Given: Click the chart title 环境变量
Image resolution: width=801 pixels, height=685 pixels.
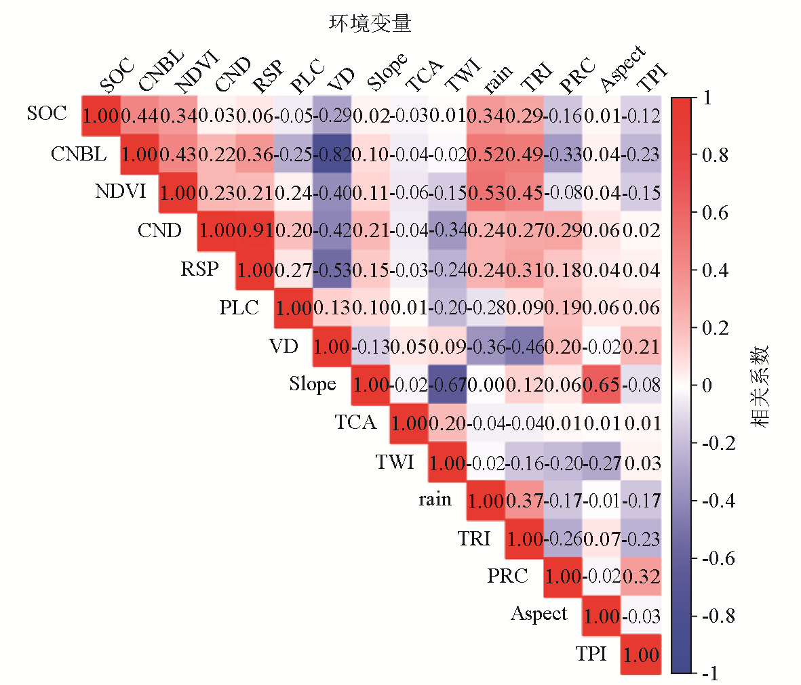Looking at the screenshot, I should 370,24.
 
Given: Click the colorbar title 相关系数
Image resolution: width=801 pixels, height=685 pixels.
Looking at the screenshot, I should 760,386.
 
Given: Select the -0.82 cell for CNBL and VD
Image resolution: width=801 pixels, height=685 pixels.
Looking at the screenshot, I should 332,154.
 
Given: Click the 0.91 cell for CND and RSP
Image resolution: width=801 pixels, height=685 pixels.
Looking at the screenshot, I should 256,231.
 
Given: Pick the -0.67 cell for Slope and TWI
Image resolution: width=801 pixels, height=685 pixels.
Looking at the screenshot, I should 448,385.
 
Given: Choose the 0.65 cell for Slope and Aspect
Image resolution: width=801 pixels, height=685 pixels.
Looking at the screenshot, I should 602,385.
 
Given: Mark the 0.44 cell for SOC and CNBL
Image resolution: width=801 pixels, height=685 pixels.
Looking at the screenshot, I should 140,116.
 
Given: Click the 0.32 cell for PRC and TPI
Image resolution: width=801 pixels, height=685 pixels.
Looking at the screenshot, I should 641,577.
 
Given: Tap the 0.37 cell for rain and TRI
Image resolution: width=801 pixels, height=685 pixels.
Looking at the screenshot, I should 525,501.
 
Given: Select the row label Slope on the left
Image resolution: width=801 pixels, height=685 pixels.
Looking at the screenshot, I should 313,384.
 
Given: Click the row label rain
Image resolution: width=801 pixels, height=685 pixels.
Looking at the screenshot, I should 435,499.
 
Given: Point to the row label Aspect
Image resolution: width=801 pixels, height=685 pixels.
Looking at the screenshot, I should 539,614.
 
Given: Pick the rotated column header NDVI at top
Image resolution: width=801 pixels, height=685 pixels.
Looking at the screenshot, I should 197,72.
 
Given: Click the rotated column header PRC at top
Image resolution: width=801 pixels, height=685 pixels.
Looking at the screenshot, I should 578,75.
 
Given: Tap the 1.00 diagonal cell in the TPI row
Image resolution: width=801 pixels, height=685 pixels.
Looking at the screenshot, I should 641,655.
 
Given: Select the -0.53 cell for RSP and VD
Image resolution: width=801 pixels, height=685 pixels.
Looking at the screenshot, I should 332,270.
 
